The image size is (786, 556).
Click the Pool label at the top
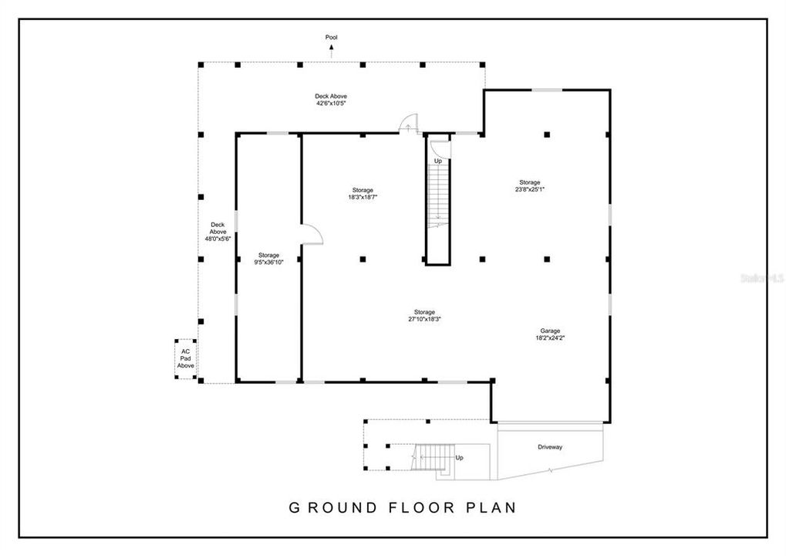pyautogui.click(x=332, y=37)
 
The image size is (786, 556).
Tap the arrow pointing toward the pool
pyautogui.click(x=332, y=52)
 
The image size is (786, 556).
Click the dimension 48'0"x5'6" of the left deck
pyautogui.click(x=218, y=239)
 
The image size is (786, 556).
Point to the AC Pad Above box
pyautogui.click(x=185, y=358)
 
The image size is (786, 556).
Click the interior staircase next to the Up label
pyautogui.click(x=438, y=197)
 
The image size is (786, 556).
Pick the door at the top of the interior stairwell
pyautogui.click(x=439, y=147)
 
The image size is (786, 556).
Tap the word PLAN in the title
pyautogui.click(x=491, y=507)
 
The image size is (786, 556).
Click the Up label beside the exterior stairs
pyautogui.click(x=460, y=458)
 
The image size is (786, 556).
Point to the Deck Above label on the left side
pyautogui.click(x=218, y=228)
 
